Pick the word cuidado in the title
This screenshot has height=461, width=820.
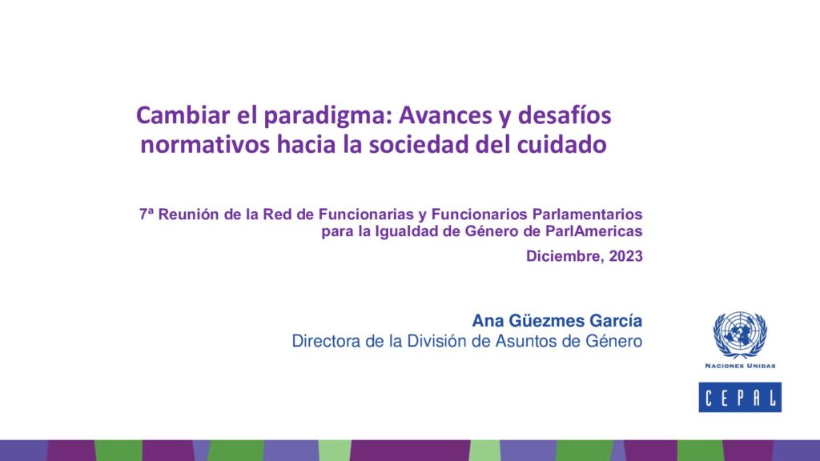coord(561,144)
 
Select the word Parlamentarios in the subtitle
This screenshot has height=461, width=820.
coord(587,214)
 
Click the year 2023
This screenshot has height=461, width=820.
coord(625,256)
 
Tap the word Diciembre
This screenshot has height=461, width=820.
coord(565,257)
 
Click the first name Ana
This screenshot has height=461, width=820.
coord(488,320)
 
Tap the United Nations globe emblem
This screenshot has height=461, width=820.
coord(740,335)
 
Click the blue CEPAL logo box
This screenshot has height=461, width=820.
coord(740,397)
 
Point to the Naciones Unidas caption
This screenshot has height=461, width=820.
coord(740,366)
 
